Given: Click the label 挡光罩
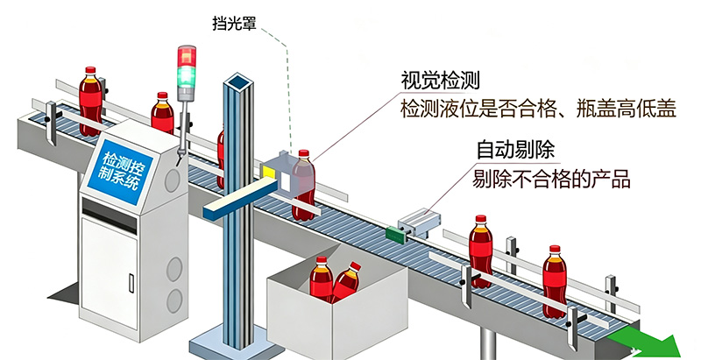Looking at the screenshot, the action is (x=234, y=24).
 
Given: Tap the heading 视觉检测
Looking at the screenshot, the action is (x=440, y=81).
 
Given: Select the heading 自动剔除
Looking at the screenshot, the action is (x=515, y=150).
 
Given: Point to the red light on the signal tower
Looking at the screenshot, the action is (x=187, y=57).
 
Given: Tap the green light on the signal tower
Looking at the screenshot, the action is (x=187, y=75).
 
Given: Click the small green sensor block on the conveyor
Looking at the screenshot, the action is (x=396, y=235).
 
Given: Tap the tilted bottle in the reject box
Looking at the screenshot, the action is (x=345, y=281).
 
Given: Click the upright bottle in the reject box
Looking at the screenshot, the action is (x=322, y=279).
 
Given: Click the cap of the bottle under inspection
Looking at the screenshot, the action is (x=304, y=153).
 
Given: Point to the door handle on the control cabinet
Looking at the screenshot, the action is (x=131, y=284).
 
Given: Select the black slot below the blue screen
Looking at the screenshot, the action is (x=110, y=215).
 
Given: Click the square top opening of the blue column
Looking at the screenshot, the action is (x=238, y=82).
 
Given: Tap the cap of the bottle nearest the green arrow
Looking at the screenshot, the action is (x=555, y=249).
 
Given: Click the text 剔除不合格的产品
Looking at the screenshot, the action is (x=551, y=179).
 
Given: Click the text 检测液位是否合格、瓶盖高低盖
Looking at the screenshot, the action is (x=538, y=109).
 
